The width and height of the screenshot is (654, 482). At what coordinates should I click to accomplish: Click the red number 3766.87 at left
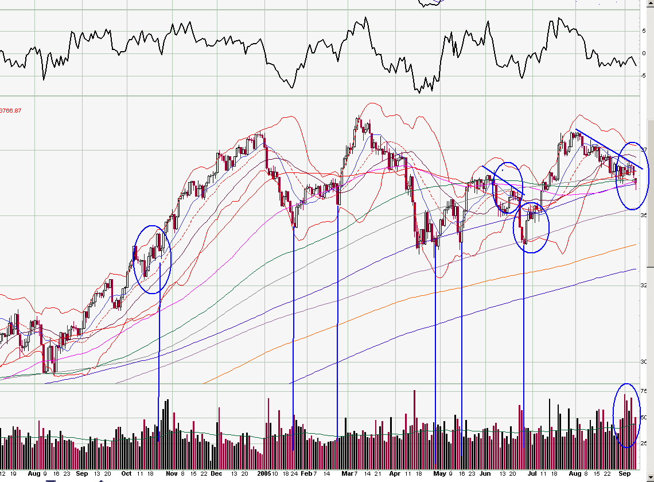[13, 110]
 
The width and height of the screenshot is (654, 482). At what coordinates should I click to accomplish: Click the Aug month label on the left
[34, 474]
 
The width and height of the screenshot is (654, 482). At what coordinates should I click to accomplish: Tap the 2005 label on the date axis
[263, 474]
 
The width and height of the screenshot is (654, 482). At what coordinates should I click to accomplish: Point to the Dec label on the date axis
[216, 474]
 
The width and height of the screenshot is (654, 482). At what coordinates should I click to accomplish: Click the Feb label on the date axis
[307, 474]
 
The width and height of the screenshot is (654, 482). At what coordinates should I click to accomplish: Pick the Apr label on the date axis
[395, 474]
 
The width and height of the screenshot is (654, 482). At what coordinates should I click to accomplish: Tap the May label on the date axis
[439, 474]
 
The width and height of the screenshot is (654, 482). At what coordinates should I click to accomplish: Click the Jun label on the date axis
[485, 474]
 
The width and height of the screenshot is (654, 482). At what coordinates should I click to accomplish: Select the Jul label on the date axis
[532, 474]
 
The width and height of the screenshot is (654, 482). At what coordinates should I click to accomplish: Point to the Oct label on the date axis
[126, 474]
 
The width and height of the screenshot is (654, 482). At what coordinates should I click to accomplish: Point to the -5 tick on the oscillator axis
[643, 75]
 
